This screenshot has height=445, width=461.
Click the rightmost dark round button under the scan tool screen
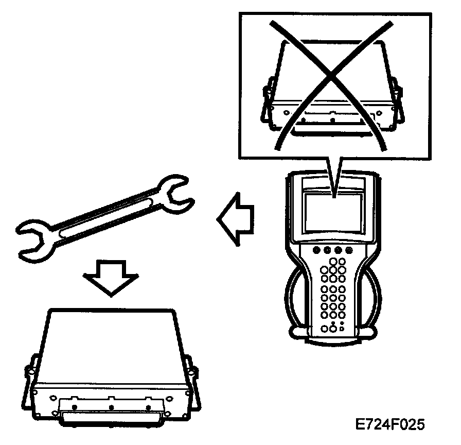[349, 251]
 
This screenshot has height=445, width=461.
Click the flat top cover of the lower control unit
[111, 340]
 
